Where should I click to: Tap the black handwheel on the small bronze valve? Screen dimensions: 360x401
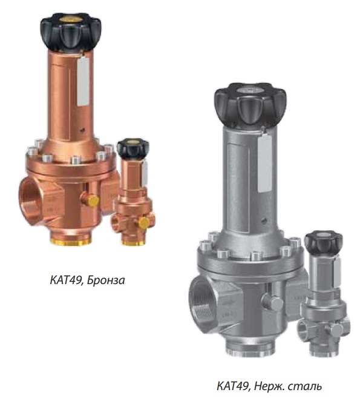(x=133, y=148)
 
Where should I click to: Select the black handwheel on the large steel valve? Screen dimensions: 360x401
(x=250, y=104)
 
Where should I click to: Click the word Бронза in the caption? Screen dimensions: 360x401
(x=106, y=280)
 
